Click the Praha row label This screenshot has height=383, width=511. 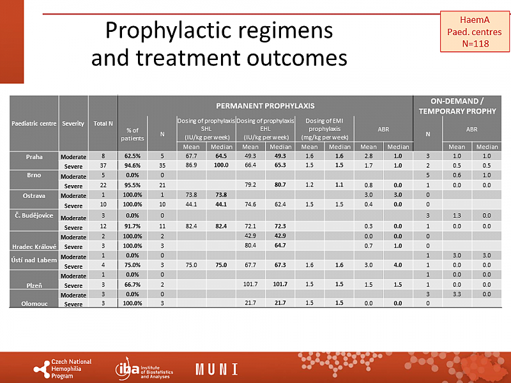[34, 156]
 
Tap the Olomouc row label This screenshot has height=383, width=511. [34, 304]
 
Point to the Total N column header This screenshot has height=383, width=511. [103, 123]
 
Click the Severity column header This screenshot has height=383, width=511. [73, 123]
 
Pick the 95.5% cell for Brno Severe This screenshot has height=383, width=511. [132, 185]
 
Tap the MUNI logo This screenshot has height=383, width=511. [217, 369]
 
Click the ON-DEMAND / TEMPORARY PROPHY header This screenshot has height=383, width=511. [457, 105]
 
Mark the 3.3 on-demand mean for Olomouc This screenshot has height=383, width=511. [457, 294]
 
